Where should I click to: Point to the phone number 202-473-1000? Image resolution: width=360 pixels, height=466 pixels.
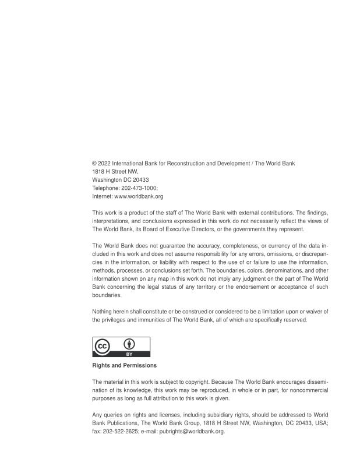point(129,189)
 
